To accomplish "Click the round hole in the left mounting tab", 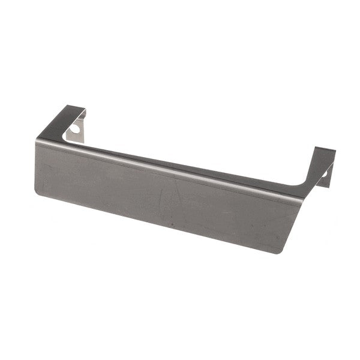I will point(76,127).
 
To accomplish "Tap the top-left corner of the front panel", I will point(37,142).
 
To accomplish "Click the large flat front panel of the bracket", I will point(162,192).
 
